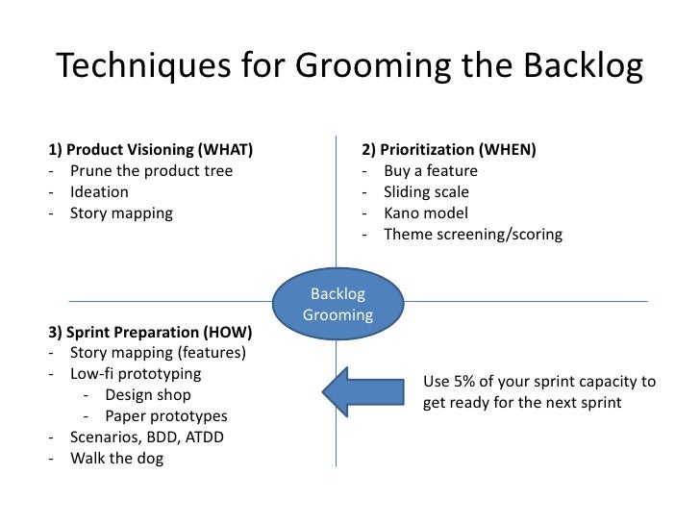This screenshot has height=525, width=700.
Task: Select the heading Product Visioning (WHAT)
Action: pyautogui.click(x=150, y=150)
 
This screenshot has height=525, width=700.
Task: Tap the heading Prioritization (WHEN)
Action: pyautogui.click(x=449, y=150)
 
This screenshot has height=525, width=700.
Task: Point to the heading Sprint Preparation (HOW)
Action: pyautogui.click(x=150, y=333)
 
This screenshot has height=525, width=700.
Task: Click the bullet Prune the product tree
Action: pyautogui.click(x=151, y=171)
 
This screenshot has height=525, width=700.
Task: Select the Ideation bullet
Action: pyautogui.click(x=99, y=192)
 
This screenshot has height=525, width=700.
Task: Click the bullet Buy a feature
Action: pyautogui.click(x=430, y=171)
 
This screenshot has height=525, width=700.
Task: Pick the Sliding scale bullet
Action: pyautogui.click(x=426, y=192)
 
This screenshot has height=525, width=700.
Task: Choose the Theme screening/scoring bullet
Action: pyautogui.click(x=472, y=235)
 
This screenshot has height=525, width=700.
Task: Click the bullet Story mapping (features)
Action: pyautogui.click(x=158, y=353)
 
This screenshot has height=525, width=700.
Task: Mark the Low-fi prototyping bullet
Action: pyautogui.click(x=136, y=374)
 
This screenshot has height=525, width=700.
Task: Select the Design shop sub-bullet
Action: pyautogui.click(x=147, y=395)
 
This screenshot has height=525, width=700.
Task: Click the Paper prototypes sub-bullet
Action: pyautogui.click(x=165, y=416)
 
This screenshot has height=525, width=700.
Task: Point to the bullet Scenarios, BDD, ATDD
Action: pyautogui.click(x=145, y=437)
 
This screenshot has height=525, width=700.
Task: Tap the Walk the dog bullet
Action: pyautogui.click(x=116, y=459)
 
